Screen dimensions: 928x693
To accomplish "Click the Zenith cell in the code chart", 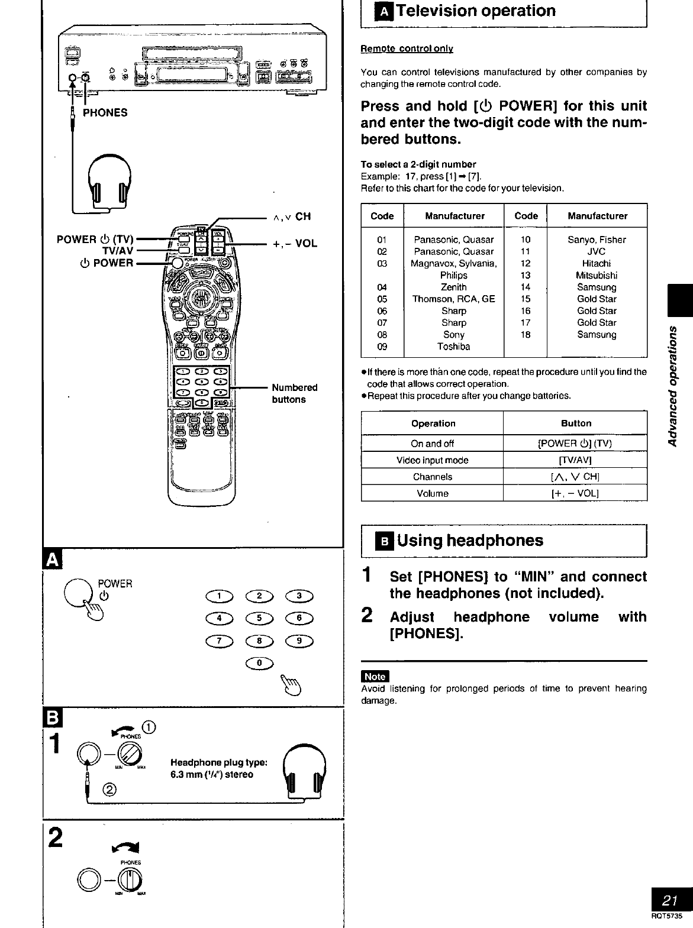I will point(454,287).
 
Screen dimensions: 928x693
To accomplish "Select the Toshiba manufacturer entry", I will point(454,347).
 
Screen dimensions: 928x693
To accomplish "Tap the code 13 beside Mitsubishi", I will point(526,276).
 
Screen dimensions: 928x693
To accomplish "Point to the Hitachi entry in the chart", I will point(597,264).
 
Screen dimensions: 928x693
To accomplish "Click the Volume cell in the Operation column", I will point(433,493).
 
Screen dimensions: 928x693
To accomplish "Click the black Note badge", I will point(375,677).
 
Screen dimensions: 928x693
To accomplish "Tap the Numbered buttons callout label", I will point(294,393).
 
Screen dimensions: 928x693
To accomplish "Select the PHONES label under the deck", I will point(105,112).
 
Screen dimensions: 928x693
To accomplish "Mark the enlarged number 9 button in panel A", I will point(299,641).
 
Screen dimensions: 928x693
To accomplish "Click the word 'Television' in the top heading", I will point(437,11).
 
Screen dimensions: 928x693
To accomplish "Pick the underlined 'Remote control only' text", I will point(407,48).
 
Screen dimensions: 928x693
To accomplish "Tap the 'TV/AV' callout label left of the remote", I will point(118,251).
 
